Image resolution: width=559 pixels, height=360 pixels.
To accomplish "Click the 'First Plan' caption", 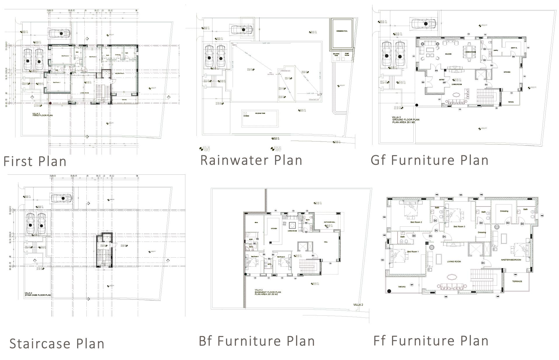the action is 35,161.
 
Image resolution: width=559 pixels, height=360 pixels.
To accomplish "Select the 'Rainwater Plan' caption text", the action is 251,160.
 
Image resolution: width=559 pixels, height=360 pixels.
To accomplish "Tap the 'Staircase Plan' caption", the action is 57,343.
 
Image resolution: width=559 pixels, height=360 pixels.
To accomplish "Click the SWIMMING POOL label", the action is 342,31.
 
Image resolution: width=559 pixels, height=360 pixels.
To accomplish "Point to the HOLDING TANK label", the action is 260,113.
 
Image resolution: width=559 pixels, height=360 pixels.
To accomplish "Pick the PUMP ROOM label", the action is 347,55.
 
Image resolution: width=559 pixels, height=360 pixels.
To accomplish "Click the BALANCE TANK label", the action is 336,55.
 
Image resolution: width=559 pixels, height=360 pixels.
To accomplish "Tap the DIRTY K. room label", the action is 514,48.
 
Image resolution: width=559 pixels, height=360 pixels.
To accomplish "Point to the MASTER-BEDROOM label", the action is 511,260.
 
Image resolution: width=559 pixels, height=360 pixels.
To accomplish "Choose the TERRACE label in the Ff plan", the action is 517,281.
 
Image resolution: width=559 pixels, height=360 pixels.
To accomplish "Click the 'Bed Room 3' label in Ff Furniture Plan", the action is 459,226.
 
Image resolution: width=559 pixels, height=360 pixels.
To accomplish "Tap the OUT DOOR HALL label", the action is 329,222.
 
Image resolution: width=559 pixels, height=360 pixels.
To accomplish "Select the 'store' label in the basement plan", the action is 256,223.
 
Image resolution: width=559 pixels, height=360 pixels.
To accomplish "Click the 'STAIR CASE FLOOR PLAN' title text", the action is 38,295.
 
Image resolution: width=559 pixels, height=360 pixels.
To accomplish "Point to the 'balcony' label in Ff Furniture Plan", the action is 402,286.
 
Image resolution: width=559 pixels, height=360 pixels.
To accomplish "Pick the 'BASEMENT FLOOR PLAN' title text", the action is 268,292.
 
